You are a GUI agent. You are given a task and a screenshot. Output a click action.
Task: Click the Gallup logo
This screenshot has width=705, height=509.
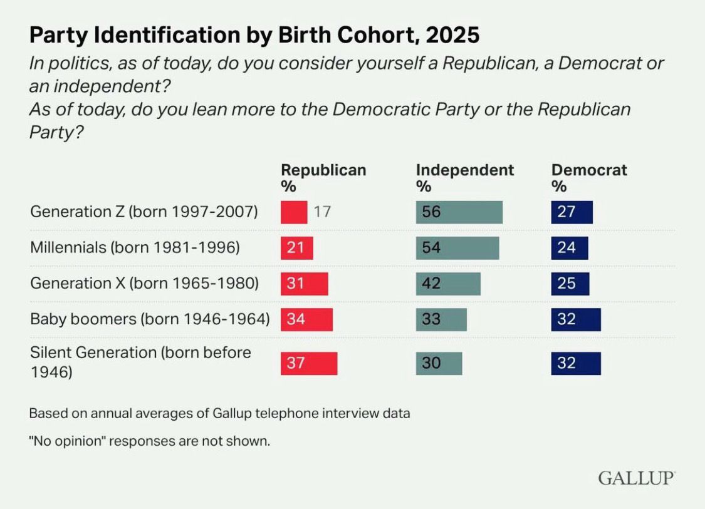637,478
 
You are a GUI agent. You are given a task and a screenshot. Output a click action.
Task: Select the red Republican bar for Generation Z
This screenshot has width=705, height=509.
294,212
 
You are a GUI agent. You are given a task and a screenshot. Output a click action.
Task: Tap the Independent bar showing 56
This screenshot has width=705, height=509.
459,212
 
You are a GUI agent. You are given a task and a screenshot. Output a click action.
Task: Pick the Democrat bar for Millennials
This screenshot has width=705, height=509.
570,248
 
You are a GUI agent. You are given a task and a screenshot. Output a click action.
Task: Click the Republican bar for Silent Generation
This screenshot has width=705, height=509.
309,364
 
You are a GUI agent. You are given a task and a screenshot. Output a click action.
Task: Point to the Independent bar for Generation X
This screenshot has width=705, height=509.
448,284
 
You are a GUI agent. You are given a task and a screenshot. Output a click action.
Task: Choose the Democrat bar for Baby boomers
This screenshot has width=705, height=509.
576,319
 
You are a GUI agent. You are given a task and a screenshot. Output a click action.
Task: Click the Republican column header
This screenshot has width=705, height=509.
323,178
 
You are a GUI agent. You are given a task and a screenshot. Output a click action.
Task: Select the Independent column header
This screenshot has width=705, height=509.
464,178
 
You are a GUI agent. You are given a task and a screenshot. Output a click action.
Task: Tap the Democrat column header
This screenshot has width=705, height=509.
589,178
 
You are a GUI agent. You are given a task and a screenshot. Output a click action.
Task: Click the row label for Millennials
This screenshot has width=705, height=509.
135,248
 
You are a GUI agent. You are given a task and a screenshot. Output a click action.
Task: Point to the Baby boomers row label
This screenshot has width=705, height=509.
150,319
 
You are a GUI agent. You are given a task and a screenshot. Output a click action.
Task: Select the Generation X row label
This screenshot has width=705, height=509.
144,284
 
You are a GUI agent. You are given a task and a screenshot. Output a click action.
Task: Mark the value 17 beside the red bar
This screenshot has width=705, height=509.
322,212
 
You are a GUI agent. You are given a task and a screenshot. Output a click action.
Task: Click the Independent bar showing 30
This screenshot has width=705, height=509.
439,364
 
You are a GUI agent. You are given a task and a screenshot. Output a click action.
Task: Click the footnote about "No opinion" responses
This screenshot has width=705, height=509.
150,441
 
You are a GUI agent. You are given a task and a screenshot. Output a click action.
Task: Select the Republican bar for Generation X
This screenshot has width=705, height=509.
304,284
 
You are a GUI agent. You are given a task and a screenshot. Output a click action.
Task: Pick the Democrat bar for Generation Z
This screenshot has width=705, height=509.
572,212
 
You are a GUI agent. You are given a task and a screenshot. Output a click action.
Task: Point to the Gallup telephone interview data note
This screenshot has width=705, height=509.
219,413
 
